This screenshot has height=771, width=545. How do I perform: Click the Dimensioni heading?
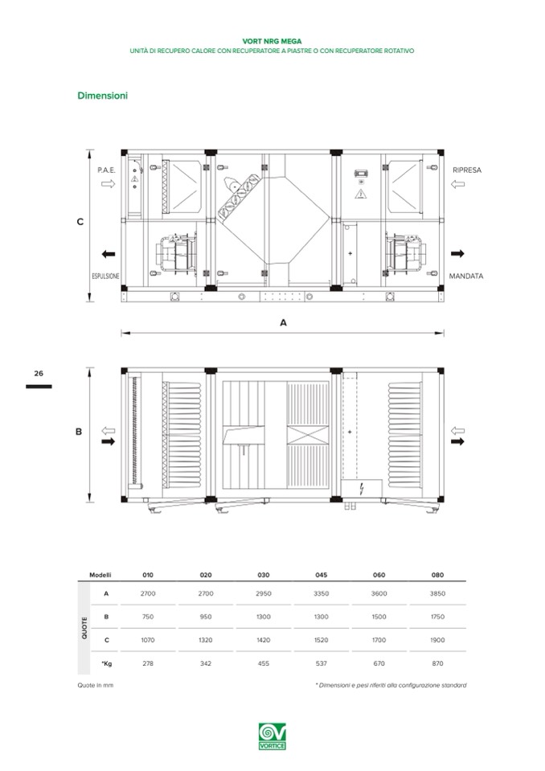tap(101, 96)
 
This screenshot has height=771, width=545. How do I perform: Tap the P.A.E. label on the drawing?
tap(106, 170)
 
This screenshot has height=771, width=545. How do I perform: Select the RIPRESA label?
tap(467, 170)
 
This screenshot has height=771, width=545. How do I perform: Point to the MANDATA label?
tap(466, 276)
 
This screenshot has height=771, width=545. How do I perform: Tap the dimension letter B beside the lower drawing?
tap(79, 432)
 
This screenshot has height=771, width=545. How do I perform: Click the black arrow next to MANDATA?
tap(458, 253)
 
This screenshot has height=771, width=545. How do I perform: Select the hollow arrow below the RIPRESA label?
tap(458, 185)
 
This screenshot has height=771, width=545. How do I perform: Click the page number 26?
tap(39, 373)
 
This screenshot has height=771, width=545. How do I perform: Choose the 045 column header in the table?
tap(322, 575)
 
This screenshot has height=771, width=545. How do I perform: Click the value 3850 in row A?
tap(436, 593)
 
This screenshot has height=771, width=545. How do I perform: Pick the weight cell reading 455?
tap(264, 663)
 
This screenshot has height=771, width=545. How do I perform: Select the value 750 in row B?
tap(148, 617)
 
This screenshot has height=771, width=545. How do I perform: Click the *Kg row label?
tap(106, 663)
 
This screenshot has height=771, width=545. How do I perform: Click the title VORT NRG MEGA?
tap(272, 39)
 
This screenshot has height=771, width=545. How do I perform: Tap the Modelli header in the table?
tap(100, 575)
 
